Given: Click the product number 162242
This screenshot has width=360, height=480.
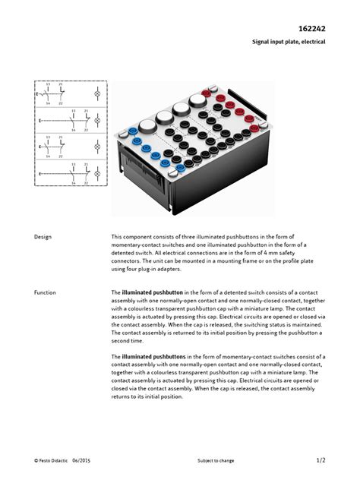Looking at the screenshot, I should tap(310, 27).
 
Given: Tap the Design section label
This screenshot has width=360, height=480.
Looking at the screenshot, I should tap(43, 237).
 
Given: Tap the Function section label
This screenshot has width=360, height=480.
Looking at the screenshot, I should tap(46, 292).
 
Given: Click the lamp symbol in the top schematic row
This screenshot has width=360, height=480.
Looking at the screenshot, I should tap(96, 96).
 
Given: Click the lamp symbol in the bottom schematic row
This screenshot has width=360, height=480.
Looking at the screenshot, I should tap(96, 175).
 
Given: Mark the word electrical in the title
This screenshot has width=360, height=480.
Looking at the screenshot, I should tap(311, 42).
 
